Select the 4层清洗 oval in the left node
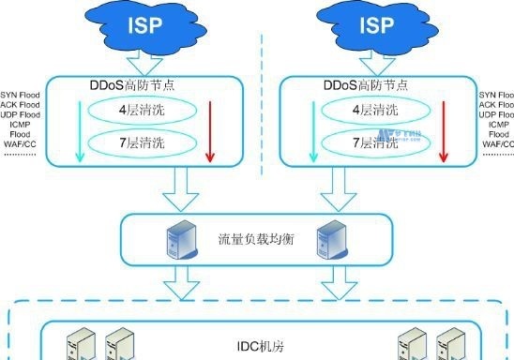pyautogui.click(x=145, y=110)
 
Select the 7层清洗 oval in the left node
pyautogui.click(x=145, y=144)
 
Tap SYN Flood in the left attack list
pyautogui.click(x=20, y=95)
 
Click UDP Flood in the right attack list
pyautogui.click(x=496, y=114)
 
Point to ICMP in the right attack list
pyautogui.click(x=498, y=125)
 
